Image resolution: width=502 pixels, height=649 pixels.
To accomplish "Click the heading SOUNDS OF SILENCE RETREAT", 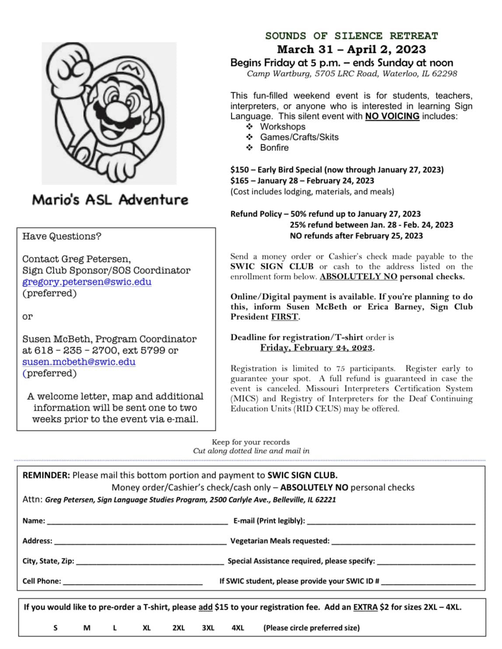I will (x=351, y=36).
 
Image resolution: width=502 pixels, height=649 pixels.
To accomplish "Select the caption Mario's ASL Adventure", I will (x=110, y=200).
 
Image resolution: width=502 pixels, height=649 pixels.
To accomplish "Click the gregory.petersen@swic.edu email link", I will (x=87, y=282).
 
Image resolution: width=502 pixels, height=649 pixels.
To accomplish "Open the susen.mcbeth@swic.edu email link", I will (x=79, y=362).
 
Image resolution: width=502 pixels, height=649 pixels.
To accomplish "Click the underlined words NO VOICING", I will (x=392, y=116).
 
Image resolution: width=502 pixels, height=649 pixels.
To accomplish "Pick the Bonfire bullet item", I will (x=274, y=148).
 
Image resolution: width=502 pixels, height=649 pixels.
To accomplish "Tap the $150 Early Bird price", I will (x=239, y=170).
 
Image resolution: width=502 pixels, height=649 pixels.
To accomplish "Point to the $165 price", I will (x=239, y=181).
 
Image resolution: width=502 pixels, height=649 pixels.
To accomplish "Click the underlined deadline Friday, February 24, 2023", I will (x=317, y=348).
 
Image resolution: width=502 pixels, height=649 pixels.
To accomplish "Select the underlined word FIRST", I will (x=285, y=317).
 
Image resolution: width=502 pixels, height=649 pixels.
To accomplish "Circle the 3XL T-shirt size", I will (x=208, y=628).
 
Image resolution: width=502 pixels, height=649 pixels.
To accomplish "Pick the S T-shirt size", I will (x=56, y=628).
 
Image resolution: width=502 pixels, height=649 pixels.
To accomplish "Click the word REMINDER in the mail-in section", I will (x=46, y=475).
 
